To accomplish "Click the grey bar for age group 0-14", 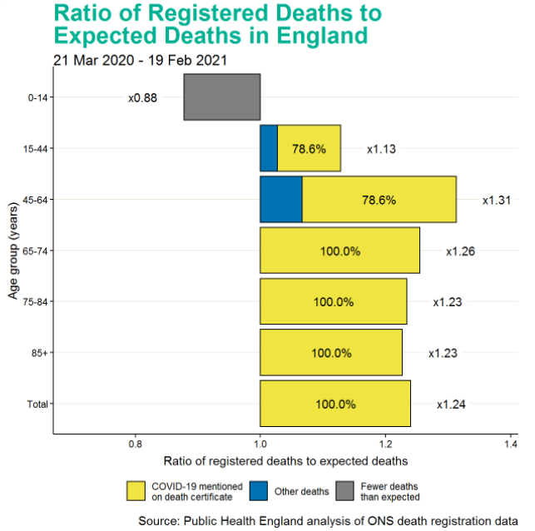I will click(221, 97).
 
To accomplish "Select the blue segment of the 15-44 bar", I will click(269, 148).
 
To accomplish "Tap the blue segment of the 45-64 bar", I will click(281, 200).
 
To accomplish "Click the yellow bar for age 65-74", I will click(339, 251).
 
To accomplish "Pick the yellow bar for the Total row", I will click(335, 404).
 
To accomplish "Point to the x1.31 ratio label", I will click(496, 201).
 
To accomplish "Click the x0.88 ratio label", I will click(142, 98).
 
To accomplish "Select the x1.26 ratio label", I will click(460, 251).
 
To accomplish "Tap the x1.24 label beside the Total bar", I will click(451, 404).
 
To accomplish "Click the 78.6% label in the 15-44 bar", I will click(309, 149).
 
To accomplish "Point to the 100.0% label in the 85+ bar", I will click(331, 353).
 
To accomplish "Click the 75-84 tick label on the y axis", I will click(38, 302).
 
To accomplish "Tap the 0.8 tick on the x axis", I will click(135, 444).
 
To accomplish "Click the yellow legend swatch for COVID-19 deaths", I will click(136, 491).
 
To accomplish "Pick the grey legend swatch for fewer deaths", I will click(345, 491).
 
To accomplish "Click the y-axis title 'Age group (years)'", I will click(13, 251).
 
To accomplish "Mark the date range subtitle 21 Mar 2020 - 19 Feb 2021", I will click(140, 60).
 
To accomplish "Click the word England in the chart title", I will click(319, 37).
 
